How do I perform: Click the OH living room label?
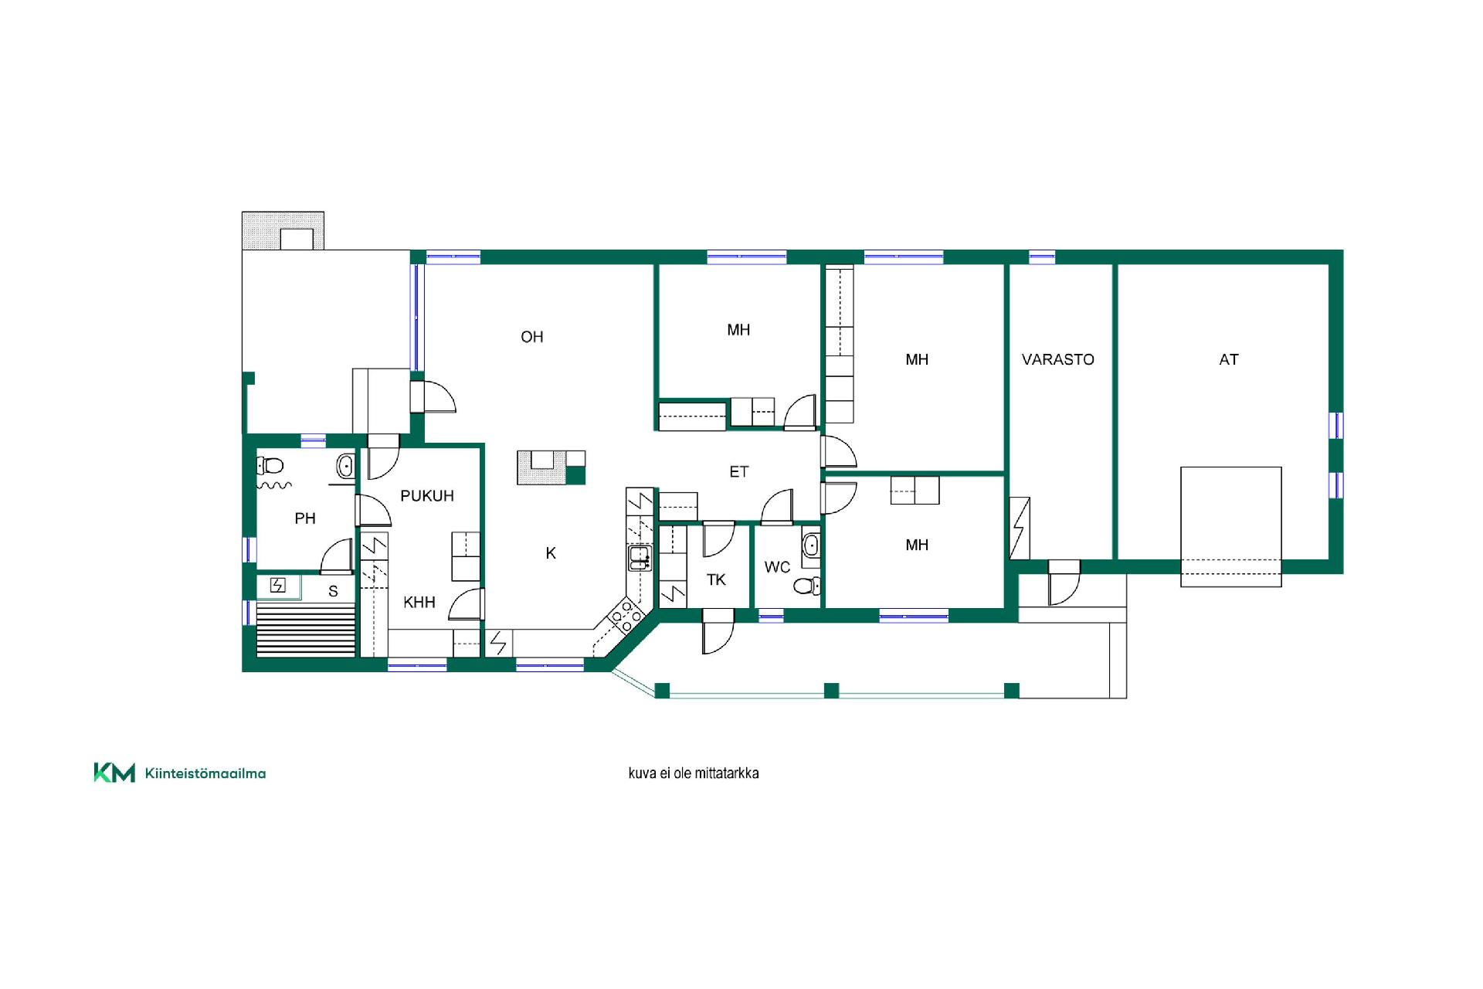point(531,337)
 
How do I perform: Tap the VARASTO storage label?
point(1057,359)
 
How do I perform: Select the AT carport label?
point(1228,359)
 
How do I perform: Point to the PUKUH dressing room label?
point(426,496)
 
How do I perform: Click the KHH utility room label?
point(419,602)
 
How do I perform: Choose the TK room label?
point(716,579)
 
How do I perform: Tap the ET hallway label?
point(738,471)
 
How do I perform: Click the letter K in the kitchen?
point(551,553)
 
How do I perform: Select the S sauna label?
point(333,591)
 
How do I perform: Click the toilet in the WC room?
point(807,586)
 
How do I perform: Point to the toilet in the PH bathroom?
point(270,465)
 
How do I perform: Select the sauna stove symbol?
point(278,586)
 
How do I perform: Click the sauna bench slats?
point(305,630)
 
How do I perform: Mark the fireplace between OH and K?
point(551,467)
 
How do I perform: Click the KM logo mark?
point(114,773)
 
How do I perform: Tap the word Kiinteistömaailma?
point(205,773)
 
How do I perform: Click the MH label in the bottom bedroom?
point(917,545)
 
